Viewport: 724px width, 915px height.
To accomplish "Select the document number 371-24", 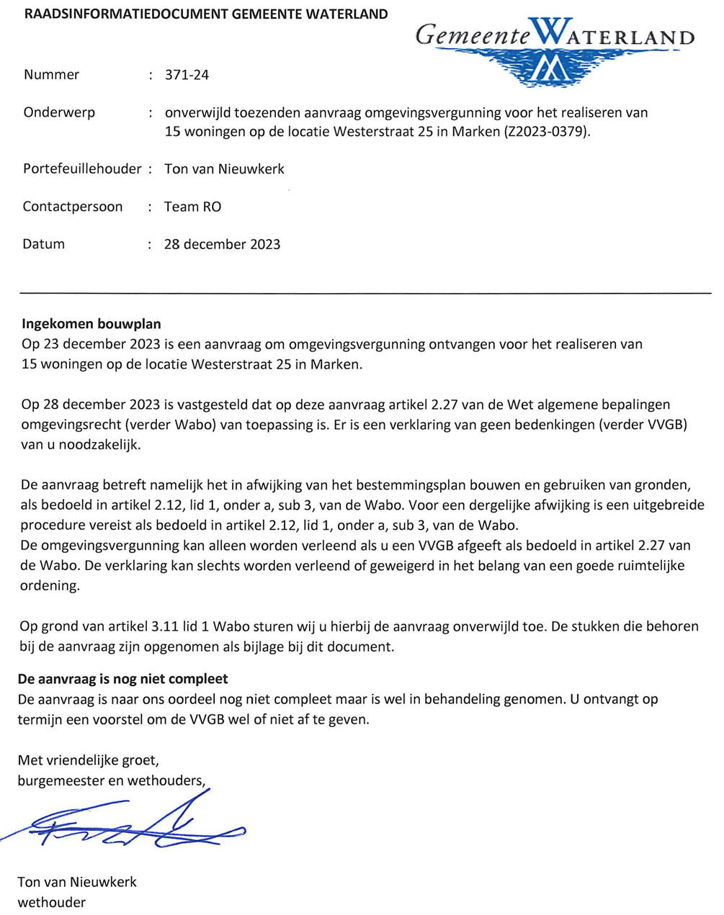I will pos(187,75).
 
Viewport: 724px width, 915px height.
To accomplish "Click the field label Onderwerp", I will pos(59,113).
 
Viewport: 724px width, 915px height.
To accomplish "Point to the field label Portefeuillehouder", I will pos(82,169).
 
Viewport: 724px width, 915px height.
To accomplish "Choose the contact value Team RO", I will pos(193,207).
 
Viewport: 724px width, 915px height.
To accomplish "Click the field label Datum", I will pos(44,244).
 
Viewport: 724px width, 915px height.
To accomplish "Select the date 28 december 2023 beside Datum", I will pos(222,244).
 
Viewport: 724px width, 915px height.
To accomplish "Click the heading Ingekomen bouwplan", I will pos(91,324).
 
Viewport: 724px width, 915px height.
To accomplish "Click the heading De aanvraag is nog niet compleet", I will pos(122,679).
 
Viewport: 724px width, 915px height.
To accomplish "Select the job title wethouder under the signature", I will pos(52,902).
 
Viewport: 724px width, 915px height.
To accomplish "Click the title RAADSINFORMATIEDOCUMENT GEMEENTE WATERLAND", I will pos(205,14).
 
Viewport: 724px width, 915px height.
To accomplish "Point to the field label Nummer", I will pos(51,75).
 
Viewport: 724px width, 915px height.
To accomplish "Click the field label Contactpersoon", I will pos(73,207).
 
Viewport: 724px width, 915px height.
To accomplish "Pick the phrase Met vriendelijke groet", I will pos(88,760).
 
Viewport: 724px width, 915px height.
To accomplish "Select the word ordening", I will pos(49,586).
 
